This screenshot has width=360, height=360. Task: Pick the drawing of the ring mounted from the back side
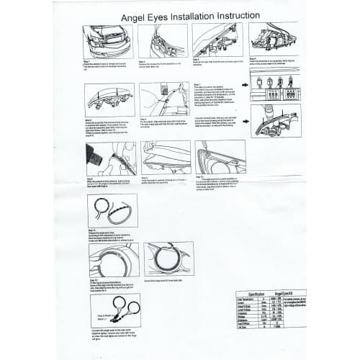pos(168,256)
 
